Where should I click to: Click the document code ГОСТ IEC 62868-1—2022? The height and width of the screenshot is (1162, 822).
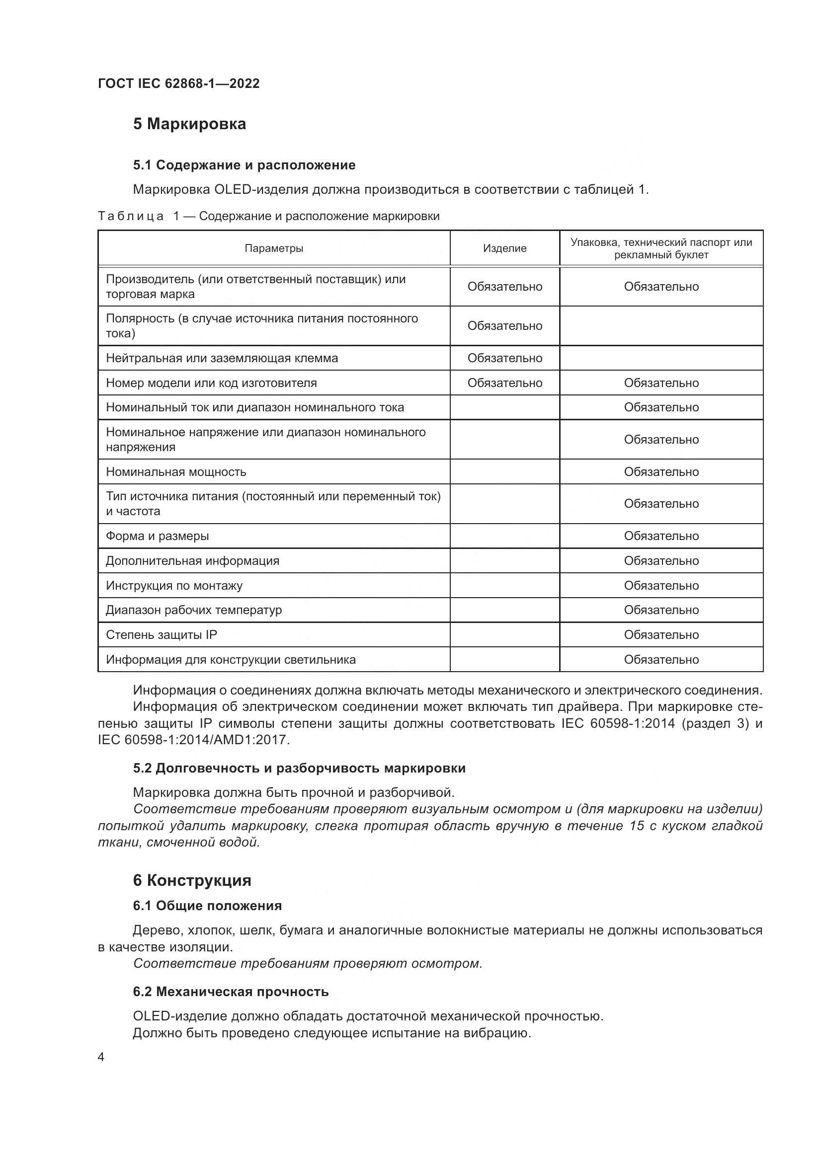pos(178,83)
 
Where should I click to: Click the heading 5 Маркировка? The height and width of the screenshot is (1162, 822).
pos(189,124)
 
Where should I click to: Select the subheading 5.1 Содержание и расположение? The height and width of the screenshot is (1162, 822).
pos(244,165)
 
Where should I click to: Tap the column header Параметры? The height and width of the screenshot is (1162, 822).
pos(274,248)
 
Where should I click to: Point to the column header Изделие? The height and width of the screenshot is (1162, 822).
pos(504,248)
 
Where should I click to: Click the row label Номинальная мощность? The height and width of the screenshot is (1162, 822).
pos(175,471)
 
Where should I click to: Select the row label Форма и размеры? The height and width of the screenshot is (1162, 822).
pos(157,536)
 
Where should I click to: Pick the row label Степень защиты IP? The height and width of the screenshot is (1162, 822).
pos(161,634)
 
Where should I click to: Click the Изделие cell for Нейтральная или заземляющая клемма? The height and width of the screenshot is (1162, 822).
pos(504,358)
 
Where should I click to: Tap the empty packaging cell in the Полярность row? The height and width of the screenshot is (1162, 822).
pos(660,326)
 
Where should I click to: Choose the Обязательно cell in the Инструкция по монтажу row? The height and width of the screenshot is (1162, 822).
pos(660,586)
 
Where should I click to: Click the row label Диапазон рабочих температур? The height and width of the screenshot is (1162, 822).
pos(193,610)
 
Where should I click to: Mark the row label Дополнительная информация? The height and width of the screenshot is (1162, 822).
pos(192,561)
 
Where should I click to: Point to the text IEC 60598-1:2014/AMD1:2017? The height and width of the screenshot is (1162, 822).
pos(194,740)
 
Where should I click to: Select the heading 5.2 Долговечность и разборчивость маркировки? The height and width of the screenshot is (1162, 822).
pos(299,768)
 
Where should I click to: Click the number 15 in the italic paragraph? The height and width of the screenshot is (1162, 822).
pos(637,826)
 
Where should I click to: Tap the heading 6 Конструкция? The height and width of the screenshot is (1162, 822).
pos(192,880)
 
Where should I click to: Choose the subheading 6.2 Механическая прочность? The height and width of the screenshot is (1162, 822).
pos(231,992)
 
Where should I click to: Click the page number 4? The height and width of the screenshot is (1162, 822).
pos(101,1057)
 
